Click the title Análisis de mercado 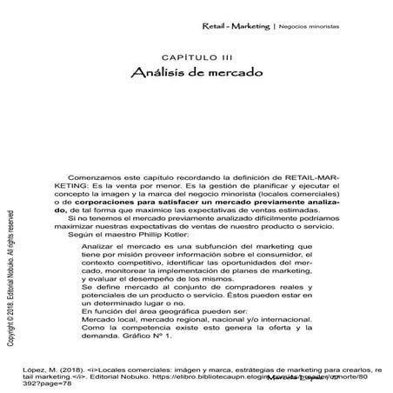click(196, 73)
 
